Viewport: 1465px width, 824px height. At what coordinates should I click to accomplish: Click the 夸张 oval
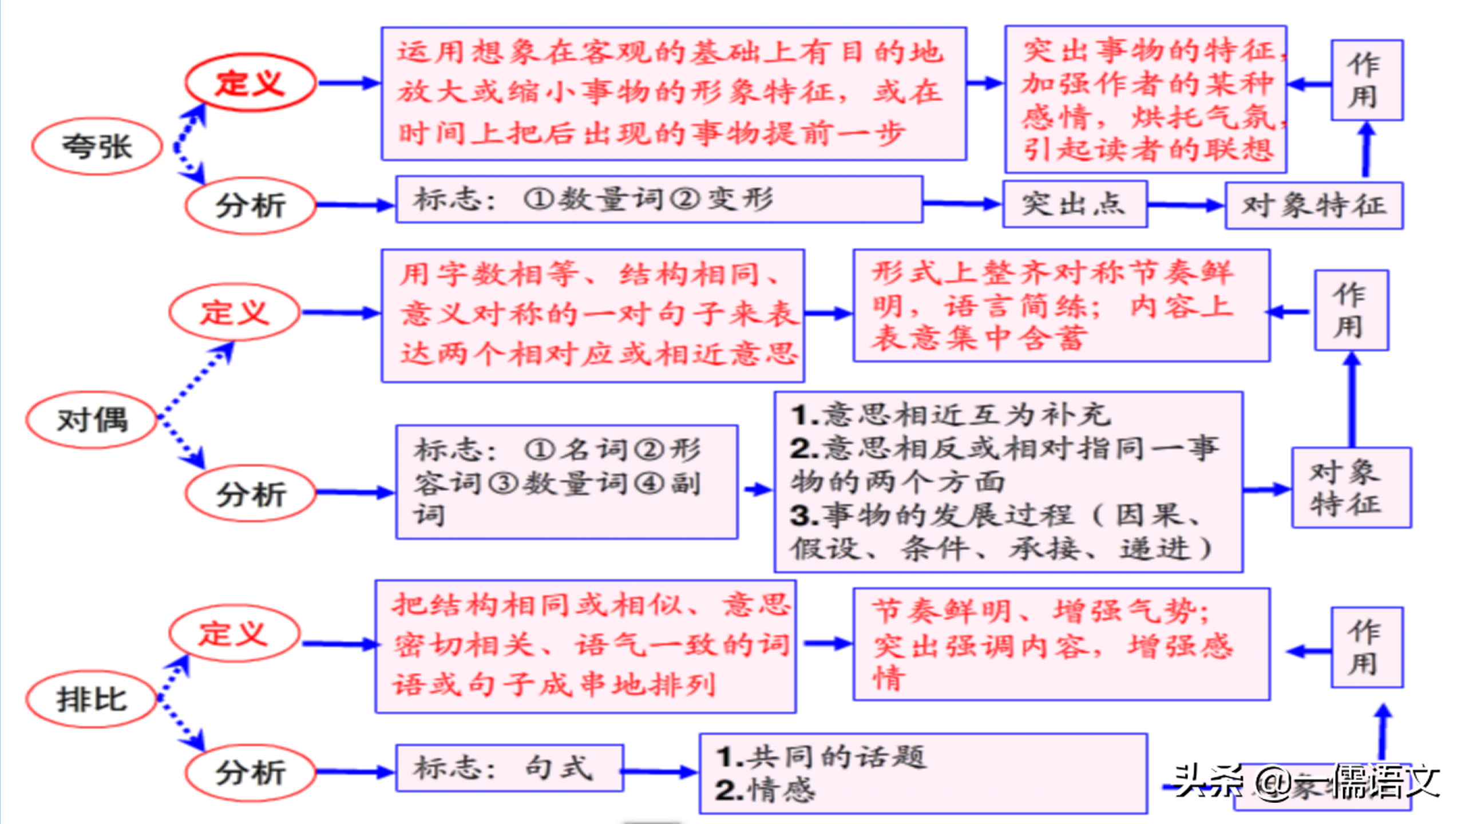[97, 146]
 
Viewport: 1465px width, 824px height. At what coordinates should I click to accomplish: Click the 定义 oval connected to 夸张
[250, 83]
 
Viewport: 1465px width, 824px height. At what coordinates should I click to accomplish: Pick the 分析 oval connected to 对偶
[250, 494]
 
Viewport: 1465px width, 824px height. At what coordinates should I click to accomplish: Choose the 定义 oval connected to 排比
[234, 634]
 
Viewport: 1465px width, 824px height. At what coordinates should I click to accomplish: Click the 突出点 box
[1074, 204]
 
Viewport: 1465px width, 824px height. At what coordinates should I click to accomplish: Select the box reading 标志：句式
[509, 768]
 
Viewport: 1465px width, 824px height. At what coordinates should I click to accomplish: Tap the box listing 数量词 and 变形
[658, 199]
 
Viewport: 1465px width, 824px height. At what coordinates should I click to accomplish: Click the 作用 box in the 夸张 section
[1366, 80]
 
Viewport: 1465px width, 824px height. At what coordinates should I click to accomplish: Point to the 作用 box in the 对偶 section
[1351, 311]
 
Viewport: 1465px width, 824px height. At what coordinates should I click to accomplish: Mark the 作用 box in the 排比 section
[1366, 647]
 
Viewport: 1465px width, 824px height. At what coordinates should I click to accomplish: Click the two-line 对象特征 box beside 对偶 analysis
[1351, 488]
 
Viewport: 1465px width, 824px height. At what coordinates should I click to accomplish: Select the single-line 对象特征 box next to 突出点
[1313, 205]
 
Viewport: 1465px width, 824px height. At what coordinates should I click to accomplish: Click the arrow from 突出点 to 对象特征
[1185, 205]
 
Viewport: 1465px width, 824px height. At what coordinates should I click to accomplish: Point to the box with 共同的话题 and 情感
[922, 773]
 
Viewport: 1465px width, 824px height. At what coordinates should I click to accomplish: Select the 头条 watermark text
[1207, 781]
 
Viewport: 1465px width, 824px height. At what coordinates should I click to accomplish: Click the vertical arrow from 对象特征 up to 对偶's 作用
[1352, 401]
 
